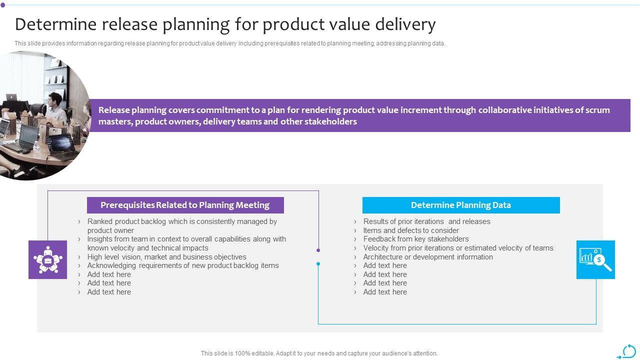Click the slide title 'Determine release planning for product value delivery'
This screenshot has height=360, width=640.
(225, 24)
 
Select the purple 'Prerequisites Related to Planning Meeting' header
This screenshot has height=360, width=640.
(185, 205)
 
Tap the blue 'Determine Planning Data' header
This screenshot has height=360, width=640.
(460, 205)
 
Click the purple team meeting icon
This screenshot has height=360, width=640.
(47, 259)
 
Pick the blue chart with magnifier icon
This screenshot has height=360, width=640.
(595, 259)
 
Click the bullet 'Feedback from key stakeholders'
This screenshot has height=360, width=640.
(416, 239)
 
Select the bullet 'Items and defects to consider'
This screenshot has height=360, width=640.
(411, 230)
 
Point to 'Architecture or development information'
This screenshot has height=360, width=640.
(428, 257)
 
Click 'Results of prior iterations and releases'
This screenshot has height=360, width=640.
(426, 221)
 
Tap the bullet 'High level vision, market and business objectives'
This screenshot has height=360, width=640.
(166, 257)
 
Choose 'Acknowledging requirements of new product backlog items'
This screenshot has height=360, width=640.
(183, 265)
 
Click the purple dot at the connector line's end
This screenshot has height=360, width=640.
(318, 250)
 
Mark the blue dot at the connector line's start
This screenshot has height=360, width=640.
(318, 263)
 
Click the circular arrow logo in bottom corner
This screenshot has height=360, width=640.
(628, 351)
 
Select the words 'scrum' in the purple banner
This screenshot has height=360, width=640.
(597, 110)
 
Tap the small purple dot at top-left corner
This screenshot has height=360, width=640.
(2, 5)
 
